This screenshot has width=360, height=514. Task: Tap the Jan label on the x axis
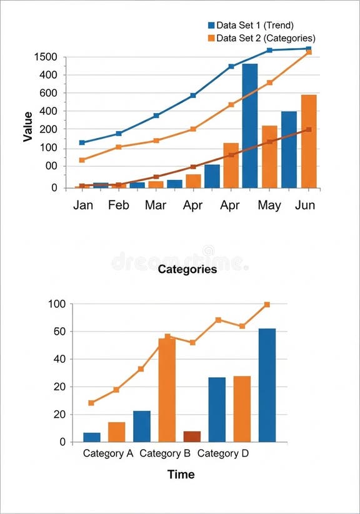[83, 205]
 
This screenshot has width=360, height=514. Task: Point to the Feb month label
[118, 205]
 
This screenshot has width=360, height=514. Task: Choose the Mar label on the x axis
[155, 205]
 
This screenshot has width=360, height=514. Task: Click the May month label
[269, 205]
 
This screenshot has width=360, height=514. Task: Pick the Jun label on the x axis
[304, 205]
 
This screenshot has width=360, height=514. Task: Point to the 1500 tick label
[46, 57]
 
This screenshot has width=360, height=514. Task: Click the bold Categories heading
[187, 269]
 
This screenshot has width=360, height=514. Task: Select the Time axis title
[181, 475]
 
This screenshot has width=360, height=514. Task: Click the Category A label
[108, 453]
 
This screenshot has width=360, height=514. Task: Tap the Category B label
[164, 453]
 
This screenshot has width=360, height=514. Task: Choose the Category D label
[227, 453]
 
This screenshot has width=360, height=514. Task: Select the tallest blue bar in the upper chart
[249, 125]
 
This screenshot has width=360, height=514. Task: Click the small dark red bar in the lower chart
[192, 437]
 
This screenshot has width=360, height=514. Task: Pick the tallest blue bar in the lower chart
[267, 385]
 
